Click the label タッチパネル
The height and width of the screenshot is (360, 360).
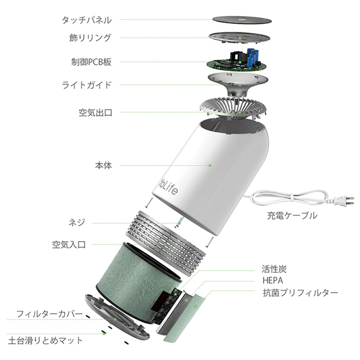tap(86, 19)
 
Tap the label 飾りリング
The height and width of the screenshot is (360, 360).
tap(91, 38)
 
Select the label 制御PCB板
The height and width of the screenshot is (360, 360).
tap(90, 61)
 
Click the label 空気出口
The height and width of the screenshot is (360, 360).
tap(95, 112)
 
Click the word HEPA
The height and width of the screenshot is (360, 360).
tap(273, 281)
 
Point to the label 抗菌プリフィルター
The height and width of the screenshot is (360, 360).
tap(300, 293)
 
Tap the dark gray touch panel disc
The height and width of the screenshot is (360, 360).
tap(241, 14)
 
